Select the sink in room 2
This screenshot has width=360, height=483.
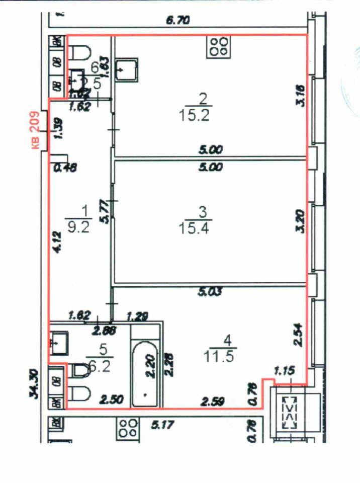pyautogui.click(x=127, y=70)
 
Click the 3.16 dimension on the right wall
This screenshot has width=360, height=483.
pyautogui.click(x=300, y=96)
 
